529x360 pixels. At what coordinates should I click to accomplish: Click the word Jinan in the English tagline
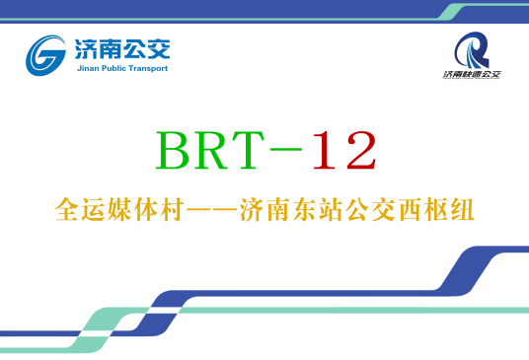click(86, 69)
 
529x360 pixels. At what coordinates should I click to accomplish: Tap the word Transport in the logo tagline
click(149, 69)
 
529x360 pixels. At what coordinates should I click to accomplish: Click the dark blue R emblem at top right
click(473, 49)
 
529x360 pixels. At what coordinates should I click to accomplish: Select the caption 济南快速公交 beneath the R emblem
click(472, 75)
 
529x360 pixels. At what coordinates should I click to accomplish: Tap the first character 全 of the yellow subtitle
click(67, 210)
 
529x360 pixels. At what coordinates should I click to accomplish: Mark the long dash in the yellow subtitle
click(209, 210)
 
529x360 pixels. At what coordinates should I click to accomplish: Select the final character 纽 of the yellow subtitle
click(462, 210)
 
